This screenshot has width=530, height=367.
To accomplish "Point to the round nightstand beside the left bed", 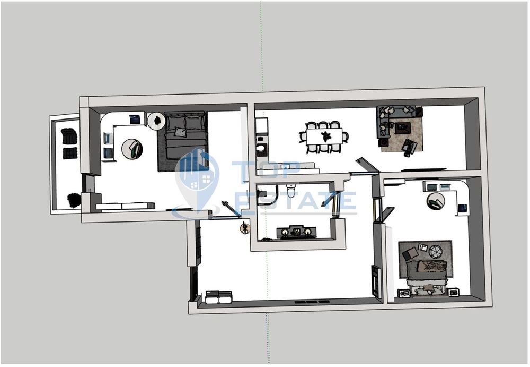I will [x=157, y=121].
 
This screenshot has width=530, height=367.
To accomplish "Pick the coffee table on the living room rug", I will [x=402, y=127].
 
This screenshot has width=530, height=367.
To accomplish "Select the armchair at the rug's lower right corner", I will [x=409, y=147].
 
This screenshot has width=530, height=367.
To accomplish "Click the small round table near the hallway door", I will [x=245, y=228].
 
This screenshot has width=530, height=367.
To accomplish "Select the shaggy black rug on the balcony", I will [x=74, y=200].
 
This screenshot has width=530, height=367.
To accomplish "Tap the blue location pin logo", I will [x=197, y=178].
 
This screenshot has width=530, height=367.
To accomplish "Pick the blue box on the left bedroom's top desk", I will [x=136, y=120].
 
